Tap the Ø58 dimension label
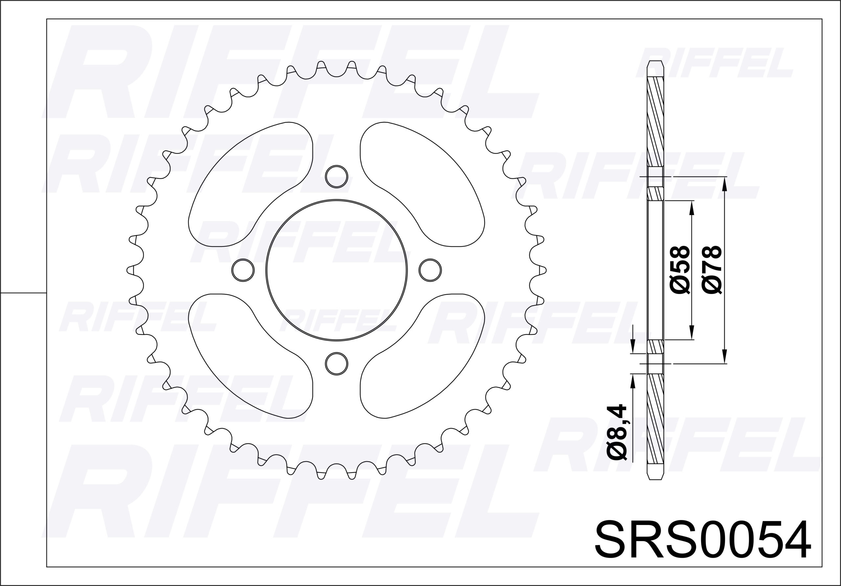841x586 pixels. [680, 270]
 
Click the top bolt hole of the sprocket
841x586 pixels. [336, 176]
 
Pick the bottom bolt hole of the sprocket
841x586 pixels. [336, 364]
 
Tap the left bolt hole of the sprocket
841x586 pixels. [243, 270]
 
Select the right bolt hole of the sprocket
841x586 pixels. [430, 270]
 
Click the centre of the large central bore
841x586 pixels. [336, 270]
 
